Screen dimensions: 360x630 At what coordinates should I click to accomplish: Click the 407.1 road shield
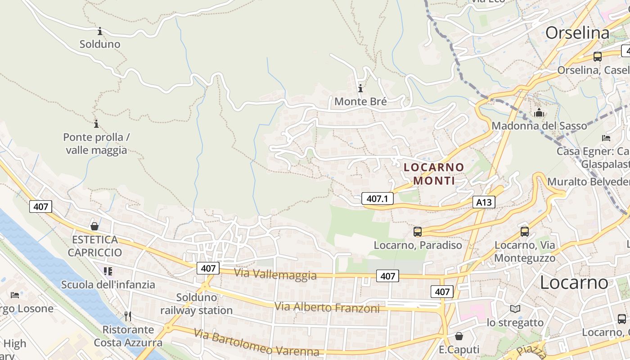[x=377, y=198]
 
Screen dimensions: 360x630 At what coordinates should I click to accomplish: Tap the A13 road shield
[x=484, y=202]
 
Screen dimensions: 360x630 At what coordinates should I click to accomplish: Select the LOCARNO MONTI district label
[x=434, y=174]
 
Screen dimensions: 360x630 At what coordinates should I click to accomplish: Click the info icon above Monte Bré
[x=360, y=88]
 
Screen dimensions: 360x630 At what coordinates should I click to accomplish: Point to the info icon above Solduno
[x=100, y=31]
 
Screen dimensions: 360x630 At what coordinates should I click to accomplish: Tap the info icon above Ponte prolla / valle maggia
[x=96, y=124]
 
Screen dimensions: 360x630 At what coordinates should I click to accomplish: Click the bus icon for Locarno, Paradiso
[x=418, y=232]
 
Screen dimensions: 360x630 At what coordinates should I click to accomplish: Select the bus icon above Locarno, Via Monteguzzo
[x=525, y=232]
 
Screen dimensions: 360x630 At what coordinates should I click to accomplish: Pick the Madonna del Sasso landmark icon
[x=539, y=112]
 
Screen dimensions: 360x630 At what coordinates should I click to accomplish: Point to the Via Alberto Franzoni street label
[x=327, y=308]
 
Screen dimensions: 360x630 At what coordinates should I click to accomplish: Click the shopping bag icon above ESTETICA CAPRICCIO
[x=94, y=226]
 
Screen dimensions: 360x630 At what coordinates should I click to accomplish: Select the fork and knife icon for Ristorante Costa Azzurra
[x=128, y=316]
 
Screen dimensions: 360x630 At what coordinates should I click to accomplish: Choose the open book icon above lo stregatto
[x=515, y=309]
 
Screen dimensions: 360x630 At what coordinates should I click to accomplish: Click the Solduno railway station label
[x=197, y=304]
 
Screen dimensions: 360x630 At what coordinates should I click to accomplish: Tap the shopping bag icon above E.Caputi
[x=459, y=336]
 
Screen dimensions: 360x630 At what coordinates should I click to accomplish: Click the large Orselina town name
[x=577, y=33]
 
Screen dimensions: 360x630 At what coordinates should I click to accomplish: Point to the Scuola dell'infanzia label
[x=108, y=284]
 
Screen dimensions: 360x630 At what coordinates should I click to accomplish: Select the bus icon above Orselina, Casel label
[x=598, y=57]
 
